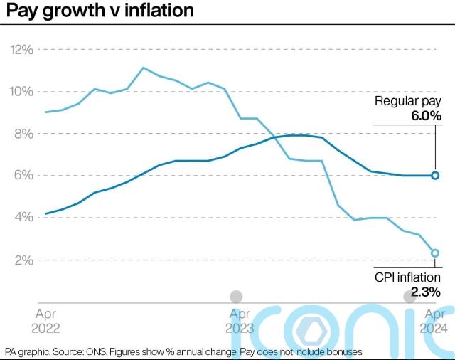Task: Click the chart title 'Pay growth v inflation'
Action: tap(99, 11)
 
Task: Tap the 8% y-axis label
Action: tap(23, 134)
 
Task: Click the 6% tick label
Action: tap(23, 176)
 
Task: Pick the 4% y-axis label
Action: tap(23, 218)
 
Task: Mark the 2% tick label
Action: tap(23, 260)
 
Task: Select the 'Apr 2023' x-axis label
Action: tap(240, 321)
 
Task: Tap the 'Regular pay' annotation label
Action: tap(408, 102)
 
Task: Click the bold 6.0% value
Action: tap(424, 116)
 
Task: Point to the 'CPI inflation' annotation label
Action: tap(407, 277)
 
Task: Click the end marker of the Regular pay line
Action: tap(435, 175)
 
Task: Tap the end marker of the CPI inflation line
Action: tap(435, 253)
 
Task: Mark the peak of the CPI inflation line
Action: tap(143, 68)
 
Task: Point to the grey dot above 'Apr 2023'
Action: tap(236, 297)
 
